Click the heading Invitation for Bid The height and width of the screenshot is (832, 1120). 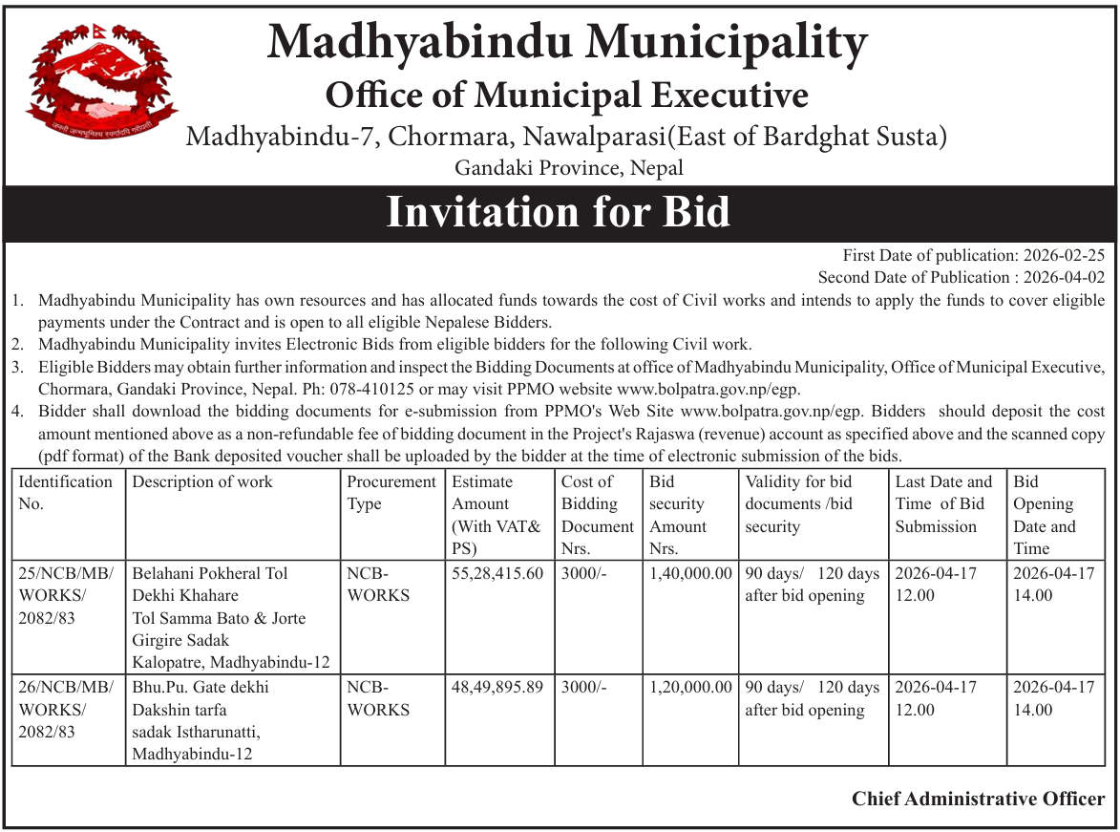(x=559, y=212)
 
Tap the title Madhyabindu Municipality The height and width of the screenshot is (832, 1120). (x=567, y=43)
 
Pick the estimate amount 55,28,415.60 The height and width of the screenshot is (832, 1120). (x=497, y=574)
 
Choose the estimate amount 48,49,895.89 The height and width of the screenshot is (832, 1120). (x=497, y=688)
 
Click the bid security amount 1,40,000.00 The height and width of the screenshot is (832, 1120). (x=689, y=574)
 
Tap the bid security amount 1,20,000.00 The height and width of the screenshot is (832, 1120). (x=689, y=688)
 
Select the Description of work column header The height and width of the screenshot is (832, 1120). (x=202, y=482)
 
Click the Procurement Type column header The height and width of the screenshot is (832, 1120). (x=391, y=493)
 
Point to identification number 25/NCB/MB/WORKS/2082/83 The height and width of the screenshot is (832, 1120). (x=65, y=596)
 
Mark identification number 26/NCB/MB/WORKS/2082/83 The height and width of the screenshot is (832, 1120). (x=65, y=710)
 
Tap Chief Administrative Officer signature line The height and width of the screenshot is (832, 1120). (x=979, y=799)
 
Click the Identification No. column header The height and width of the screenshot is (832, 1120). (x=65, y=493)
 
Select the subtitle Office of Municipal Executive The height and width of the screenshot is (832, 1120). (x=567, y=96)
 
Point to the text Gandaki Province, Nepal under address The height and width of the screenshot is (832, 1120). (x=569, y=168)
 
